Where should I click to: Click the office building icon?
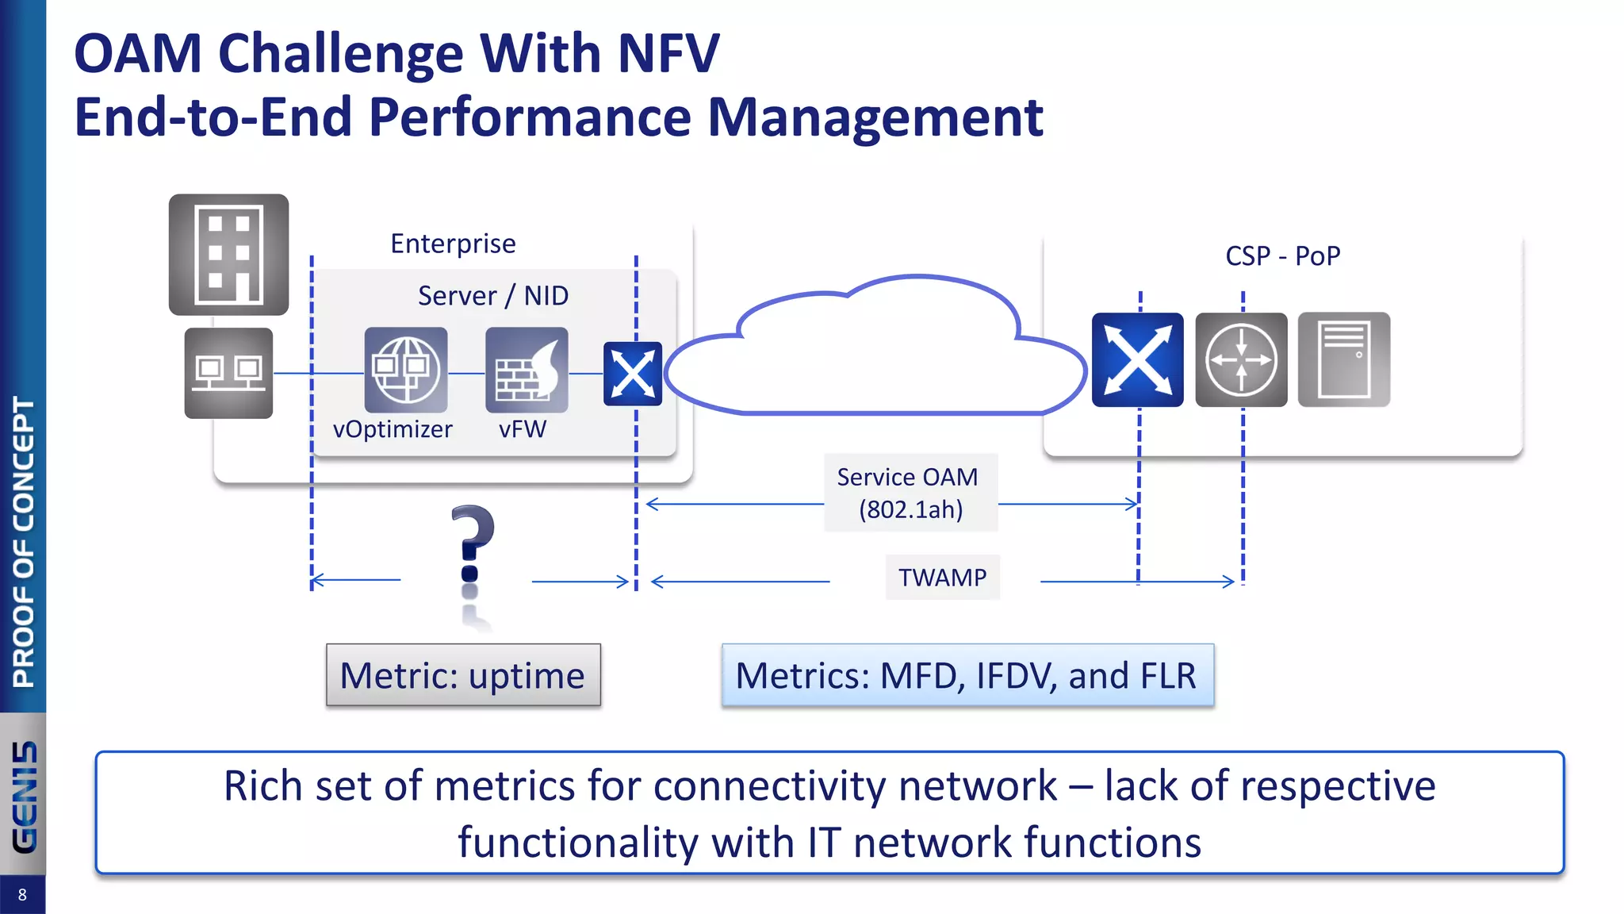pos(228,255)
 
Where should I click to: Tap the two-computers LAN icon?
pos(228,373)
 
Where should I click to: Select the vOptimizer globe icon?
pos(406,370)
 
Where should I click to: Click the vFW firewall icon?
pos(527,370)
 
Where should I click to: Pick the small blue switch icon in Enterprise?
pos(633,374)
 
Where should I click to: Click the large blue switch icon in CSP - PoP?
pos(1137,359)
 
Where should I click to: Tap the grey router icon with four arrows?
pos(1241,359)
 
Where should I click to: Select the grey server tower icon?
pos(1343,359)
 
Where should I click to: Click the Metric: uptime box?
pos(463,675)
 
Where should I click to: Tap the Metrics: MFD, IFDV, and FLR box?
pos(967,675)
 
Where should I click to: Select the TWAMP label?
pos(942,578)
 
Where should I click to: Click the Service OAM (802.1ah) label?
pos(910,493)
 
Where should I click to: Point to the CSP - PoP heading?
pos(1282,256)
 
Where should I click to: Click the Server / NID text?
pos(493,296)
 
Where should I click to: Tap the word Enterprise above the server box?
pos(453,244)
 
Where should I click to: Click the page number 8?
pos(22,895)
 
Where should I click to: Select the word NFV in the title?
pos(668,54)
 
